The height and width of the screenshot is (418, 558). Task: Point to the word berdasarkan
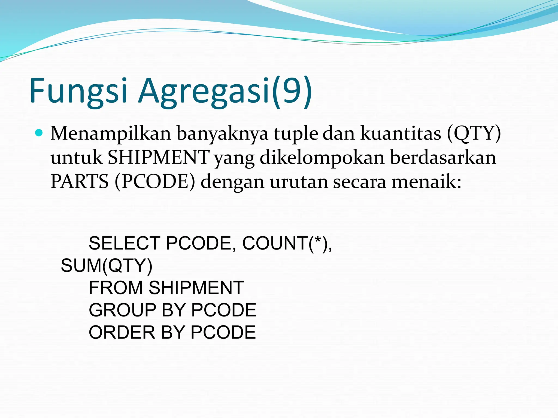(443, 158)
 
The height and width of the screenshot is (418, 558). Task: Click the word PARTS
(80, 182)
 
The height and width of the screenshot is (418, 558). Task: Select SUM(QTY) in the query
(107, 266)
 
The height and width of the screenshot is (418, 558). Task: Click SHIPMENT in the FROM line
(196, 288)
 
